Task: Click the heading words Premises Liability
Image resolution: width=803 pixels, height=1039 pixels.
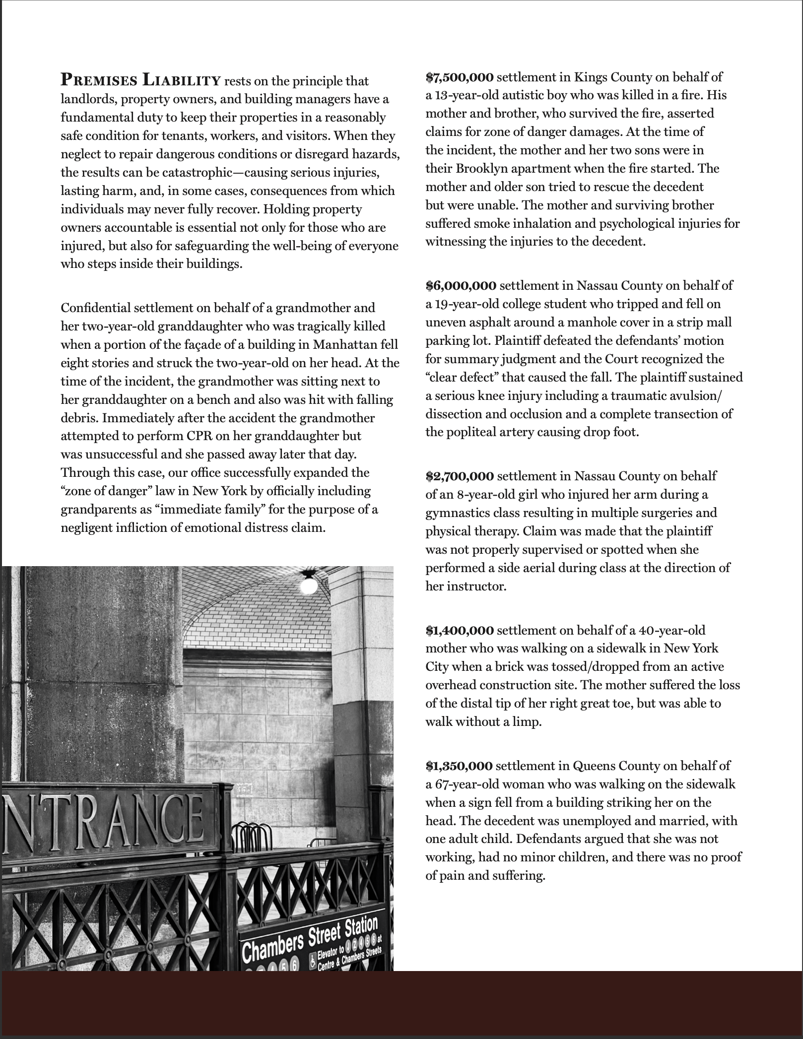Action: pyautogui.click(x=140, y=79)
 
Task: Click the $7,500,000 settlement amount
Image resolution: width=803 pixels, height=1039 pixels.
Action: pyautogui.click(x=460, y=77)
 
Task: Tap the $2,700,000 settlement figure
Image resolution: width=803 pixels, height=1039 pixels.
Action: pyautogui.click(x=460, y=476)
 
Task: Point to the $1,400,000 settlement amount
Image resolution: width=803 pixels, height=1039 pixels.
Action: pyautogui.click(x=460, y=630)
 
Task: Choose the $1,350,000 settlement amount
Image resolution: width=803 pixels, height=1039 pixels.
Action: pyautogui.click(x=459, y=766)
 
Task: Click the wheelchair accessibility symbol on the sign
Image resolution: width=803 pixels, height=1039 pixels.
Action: pyautogui.click(x=312, y=962)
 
